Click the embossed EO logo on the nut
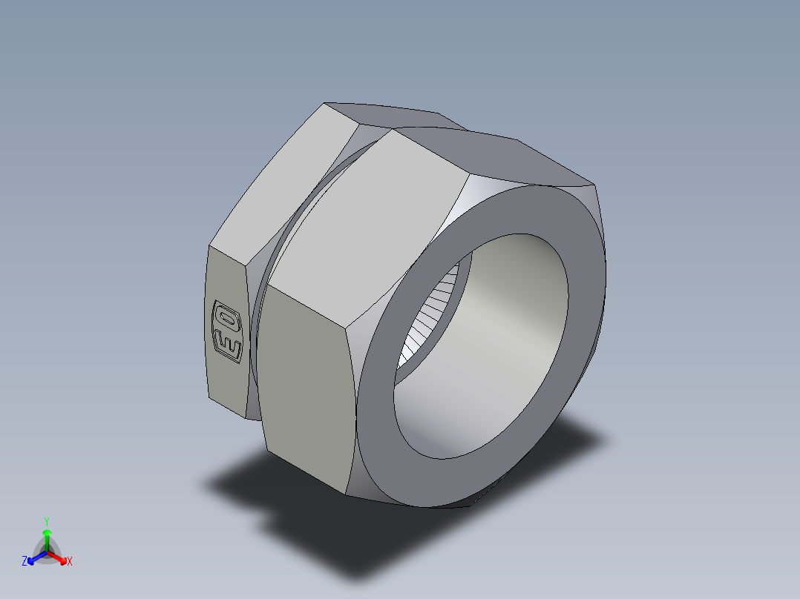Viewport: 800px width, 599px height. [x=227, y=331]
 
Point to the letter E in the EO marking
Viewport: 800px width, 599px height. [x=227, y=345]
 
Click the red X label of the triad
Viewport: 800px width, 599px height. [x=69, y=562]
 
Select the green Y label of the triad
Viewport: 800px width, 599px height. [x=47, y=521]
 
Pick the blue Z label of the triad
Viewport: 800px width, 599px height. [x=24, y=562]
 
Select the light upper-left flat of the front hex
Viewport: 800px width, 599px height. [x=371, y=215]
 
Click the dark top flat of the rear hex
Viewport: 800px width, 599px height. [x=386, y=115]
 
